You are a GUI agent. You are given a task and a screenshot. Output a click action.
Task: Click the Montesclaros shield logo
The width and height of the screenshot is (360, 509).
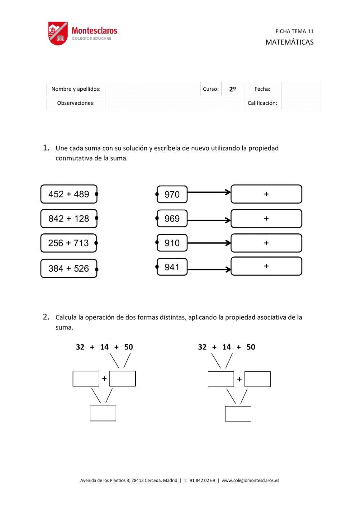[x=58, y=34]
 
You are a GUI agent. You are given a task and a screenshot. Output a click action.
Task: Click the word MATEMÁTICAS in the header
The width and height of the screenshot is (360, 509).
[x=289, y=42]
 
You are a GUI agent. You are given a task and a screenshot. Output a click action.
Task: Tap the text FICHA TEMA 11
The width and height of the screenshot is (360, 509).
[x=294, y=31]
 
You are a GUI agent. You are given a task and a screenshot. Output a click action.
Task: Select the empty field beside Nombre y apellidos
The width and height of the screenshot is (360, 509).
[x=153, y=89]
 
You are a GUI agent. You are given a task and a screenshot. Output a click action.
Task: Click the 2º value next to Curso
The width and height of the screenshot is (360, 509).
[x=233, y=89]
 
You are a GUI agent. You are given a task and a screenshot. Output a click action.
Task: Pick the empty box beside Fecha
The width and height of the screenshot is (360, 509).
[x=300, y=89]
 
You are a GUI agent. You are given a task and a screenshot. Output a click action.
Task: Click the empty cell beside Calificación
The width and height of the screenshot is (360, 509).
[x=300, y=103]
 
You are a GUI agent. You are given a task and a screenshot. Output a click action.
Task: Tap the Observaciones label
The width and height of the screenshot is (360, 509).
[x=76, y=103]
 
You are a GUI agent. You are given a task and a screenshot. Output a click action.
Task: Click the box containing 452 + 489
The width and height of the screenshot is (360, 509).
[x=69, y=194]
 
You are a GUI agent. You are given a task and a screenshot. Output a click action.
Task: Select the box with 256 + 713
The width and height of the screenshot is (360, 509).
[x=68, y=243]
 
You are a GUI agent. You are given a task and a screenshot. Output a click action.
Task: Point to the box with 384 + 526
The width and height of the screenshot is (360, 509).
[x=69, y=268]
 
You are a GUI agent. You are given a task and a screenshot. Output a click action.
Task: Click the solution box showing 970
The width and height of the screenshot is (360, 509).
[x=172, y=195]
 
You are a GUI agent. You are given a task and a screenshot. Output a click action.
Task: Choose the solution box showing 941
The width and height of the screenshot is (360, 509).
[x=172, y=267]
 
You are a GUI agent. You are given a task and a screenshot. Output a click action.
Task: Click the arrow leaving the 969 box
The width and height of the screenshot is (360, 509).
[x=209, y=220]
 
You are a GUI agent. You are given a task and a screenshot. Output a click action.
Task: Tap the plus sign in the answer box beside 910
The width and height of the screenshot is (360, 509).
[x=266, y=243]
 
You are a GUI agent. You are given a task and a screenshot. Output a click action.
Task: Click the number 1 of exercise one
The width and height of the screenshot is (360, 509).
[x=46, y=148]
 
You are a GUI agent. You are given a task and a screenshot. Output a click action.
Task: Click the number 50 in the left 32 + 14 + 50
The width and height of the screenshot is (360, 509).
[x=129, y=347]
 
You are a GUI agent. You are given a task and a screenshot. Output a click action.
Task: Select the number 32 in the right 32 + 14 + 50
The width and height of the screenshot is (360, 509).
[x=202, y=347]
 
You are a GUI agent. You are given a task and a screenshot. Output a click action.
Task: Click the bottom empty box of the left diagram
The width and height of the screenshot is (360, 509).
[x=103, y=413]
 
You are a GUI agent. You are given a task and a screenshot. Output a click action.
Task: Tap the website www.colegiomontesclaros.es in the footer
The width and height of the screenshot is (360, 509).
[x=250, y=480]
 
